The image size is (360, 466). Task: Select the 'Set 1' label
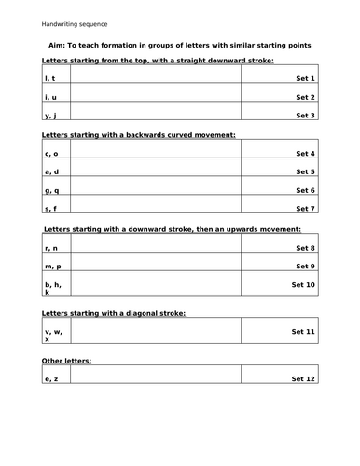point(305,79)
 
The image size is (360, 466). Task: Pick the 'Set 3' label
point(305,116)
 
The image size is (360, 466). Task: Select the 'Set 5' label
point(305,172)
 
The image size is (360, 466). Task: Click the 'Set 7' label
point(305,209)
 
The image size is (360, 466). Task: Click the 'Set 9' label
point(305,267)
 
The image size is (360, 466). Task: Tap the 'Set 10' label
point(303,284)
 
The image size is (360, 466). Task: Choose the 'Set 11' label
point(303,332)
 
